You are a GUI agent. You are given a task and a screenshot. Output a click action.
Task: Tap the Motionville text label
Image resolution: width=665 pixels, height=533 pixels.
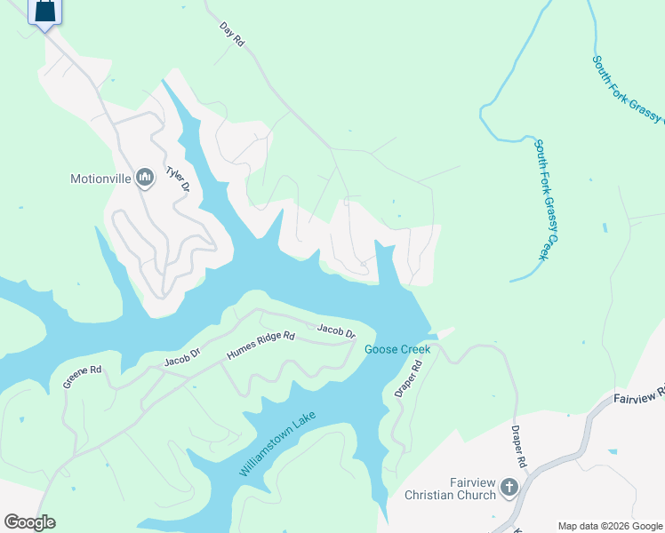[100, 179]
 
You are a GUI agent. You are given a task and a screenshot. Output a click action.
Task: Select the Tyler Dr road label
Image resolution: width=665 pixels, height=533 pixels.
[179, 179]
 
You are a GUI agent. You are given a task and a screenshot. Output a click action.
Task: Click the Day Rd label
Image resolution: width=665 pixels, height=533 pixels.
[232, 36]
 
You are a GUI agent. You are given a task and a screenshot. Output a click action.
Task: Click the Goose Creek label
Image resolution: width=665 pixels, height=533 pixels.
[397, 349]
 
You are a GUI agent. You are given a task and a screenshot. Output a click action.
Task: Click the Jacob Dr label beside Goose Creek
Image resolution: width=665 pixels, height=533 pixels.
[337, 331]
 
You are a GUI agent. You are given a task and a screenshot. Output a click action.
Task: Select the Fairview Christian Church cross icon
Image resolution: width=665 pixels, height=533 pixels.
[509, 487]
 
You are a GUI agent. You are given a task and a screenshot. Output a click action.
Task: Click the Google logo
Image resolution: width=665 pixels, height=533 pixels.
[29, 521]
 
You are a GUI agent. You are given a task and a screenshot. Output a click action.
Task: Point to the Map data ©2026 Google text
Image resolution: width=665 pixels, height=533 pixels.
[610, 526]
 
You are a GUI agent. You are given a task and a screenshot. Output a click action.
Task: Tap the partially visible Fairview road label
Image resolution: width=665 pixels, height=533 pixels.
[639, 395]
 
